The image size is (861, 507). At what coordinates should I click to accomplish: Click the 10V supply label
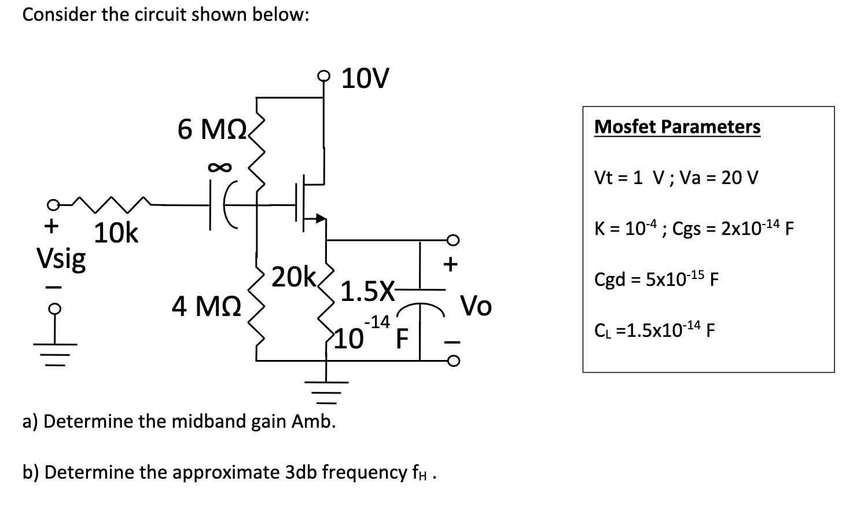365,79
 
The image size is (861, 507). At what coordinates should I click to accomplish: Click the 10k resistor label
116,233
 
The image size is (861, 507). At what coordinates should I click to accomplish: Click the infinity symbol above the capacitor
220,168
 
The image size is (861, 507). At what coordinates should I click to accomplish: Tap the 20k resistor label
293,277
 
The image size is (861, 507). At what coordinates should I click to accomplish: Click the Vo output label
476,305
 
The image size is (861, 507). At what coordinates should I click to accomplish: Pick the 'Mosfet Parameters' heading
677,126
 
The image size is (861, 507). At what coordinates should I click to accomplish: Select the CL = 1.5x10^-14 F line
654,330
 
